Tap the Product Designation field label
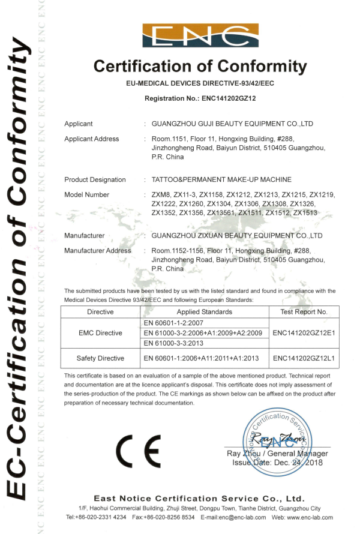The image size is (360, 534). coord(95,179)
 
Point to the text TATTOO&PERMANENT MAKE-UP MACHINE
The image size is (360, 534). coord(222,179)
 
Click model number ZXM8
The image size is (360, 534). coord(161,195)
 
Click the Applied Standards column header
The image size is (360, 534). coord(205,312)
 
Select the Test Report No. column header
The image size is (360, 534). coord(304,312)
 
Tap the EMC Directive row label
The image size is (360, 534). coord(100,333)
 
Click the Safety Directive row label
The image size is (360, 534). coord(100,358)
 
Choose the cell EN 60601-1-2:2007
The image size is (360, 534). coord(175,323)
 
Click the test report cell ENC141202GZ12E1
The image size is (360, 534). coord(304,333)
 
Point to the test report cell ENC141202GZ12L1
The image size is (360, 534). coord(304,358)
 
